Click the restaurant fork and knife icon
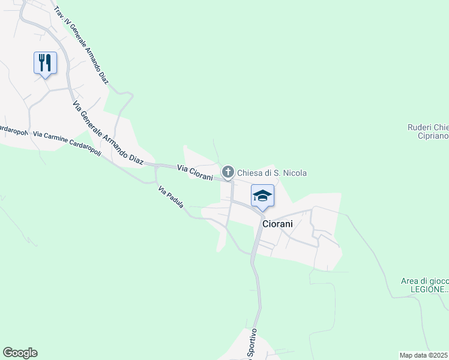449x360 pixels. (x=45, y=62)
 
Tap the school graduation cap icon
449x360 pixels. (x=262, y=196)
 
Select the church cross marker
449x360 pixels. (x=228, y=172)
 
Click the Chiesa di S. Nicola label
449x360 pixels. (x=272, y=173)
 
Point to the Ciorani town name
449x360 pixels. (x=277, y=223)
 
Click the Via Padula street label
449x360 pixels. (x=170, y=198)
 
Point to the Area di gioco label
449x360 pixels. (x=424, y=281)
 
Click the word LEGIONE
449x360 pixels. (x=426, y=289)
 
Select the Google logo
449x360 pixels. (x=20, y=353)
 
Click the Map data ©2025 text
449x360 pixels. (x=424, y=355)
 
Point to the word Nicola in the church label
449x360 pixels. (x=295, y=173)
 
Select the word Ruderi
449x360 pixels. (x=419, y=127)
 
